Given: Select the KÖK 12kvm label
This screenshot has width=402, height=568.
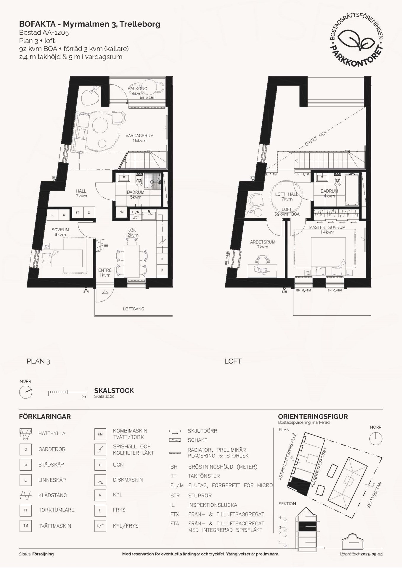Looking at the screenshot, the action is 132,233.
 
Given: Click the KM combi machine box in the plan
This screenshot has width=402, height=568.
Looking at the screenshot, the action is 121,212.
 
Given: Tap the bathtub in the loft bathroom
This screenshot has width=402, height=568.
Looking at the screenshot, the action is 352,190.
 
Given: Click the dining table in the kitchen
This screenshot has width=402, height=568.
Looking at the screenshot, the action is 132,261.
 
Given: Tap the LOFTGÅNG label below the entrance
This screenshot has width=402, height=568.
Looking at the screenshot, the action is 134,309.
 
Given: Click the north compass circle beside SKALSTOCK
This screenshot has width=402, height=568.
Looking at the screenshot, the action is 25,392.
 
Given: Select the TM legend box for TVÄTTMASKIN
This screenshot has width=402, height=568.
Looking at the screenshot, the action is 25,526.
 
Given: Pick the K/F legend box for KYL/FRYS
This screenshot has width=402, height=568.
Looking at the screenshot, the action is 100,526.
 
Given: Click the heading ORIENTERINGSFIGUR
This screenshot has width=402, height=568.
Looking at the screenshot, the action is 313,417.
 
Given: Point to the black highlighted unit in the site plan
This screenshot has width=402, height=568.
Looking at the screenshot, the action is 299,486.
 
